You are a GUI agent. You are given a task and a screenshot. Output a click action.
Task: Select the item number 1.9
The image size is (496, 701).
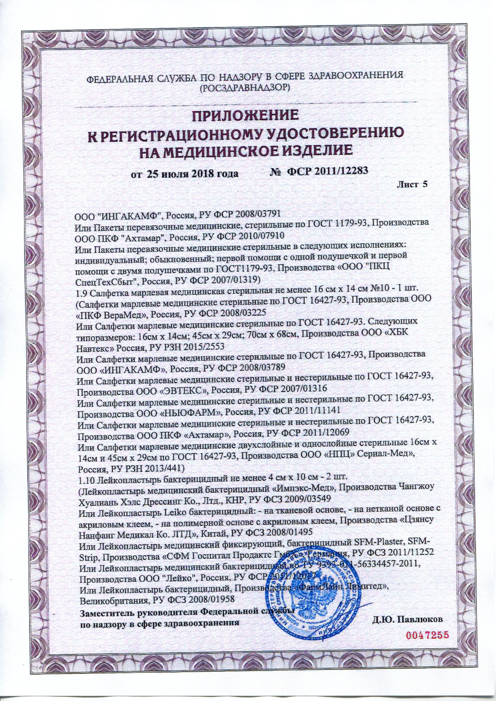coord(81,289)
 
